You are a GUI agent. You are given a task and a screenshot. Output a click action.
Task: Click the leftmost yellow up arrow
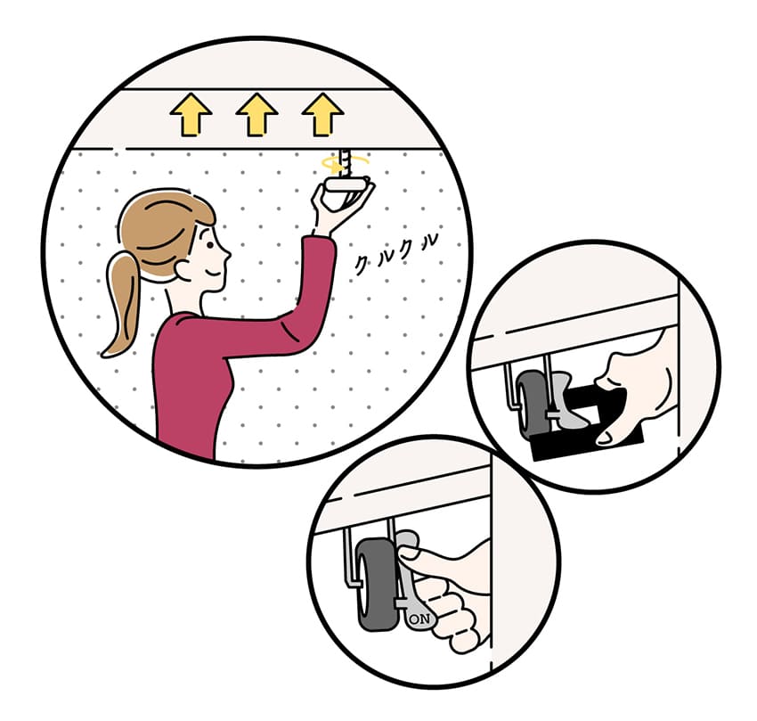pos(191,115)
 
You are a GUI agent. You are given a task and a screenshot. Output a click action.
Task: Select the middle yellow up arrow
pos(256,115)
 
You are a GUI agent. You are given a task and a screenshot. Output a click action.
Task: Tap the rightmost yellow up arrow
pos(322,115)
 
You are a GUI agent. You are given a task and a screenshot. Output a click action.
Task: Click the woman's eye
pos(210,245)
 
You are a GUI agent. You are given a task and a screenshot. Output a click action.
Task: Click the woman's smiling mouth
pos(213,274)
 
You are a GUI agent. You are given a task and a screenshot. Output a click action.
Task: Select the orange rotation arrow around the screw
pos(345,163)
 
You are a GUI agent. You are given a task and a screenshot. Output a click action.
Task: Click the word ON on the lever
pos(419,619)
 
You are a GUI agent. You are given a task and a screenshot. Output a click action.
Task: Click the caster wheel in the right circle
pos(533,405)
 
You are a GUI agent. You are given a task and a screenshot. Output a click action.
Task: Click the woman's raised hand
pos(340,208)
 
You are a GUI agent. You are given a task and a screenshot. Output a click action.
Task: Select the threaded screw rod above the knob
pos(346,163)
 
